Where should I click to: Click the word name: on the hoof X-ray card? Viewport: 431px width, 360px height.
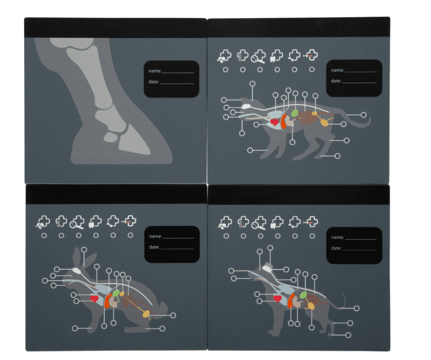(155, 71)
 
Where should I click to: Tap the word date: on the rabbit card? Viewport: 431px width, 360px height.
(154, 247)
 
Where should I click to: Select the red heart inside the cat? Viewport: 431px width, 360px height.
(274, 121)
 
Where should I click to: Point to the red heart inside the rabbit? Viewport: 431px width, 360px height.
(94, 298)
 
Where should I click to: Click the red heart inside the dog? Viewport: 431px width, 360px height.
(277, 298)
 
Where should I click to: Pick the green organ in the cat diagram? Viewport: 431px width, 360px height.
(295, 113)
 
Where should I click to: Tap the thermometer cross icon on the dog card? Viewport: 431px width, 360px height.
(243, 222)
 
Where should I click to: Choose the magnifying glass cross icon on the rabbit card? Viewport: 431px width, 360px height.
(77, 222)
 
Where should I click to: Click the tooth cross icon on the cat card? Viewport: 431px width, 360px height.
(276, 56)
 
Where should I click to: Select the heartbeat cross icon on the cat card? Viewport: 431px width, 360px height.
(224, 56)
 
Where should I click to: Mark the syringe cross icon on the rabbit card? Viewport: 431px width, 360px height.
(129, 221)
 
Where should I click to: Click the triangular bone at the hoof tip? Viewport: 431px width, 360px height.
(134, 140)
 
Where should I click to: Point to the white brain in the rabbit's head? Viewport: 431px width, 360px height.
(77, 271)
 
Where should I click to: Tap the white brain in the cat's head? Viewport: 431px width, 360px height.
(246, 106)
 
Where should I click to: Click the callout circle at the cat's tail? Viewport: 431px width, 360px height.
(363, 115)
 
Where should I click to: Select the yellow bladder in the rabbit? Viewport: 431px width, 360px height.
(146, 314)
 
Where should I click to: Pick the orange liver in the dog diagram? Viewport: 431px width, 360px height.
(291, 301)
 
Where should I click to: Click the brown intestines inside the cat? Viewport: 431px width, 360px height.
(307, 118)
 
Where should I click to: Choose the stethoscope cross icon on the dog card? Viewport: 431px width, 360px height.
(295, 222)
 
